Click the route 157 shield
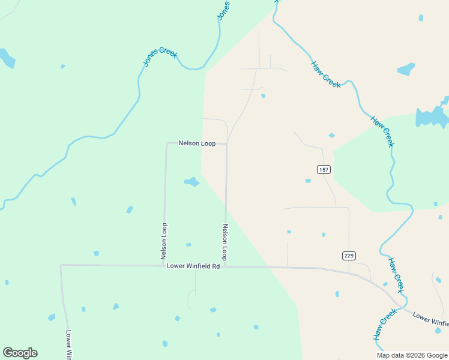324,170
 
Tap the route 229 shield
349,256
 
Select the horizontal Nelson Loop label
197,143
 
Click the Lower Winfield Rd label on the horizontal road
193,266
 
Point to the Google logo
20,353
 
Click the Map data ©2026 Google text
411,355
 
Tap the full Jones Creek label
160,57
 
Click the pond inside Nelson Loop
191,182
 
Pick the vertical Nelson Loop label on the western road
164,241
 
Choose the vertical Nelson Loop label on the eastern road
225,242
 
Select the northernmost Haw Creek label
326,74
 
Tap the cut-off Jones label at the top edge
222,10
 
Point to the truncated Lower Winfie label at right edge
431,319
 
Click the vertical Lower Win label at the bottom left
69,344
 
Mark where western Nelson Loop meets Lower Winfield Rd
163,265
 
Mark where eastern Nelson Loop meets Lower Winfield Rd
226,266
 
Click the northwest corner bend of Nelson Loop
166,144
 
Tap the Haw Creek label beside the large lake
382,131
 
